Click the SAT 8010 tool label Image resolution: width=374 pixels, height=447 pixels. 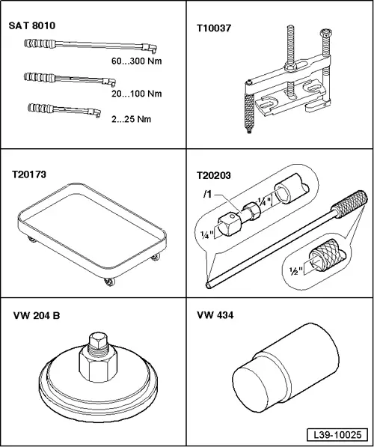tap(32, 25)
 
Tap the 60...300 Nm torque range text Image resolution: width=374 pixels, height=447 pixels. tap(136, 61)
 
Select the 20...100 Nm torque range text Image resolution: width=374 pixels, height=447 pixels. tap(136, 94)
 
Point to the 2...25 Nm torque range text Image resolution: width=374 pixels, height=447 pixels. tap(131, 119)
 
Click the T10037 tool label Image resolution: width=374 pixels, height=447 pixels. tap(214, 28)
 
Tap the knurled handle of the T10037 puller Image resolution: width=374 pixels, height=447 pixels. tap(249, 112)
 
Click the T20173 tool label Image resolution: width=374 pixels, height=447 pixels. tap(28, 174)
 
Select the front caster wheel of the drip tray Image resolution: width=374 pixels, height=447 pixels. tap(110, 282)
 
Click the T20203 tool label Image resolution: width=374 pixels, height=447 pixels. tap(214, 175)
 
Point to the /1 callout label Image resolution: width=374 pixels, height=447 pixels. tap(208, 195)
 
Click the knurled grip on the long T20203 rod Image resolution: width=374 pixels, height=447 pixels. tap(351, 204)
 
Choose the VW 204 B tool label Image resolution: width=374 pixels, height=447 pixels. tap(37, 316)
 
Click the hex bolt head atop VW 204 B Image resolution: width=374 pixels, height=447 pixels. tap(98, 340)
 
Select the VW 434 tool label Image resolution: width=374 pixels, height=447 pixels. tap(215, 315)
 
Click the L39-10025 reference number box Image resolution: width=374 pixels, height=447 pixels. tap(337, 435)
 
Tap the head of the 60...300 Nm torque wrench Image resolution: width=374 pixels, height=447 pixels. tap(150, 48)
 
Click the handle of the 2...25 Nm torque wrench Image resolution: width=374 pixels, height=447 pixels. tap(40, 108)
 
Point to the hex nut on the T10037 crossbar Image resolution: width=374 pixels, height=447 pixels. tap(290, 67)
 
